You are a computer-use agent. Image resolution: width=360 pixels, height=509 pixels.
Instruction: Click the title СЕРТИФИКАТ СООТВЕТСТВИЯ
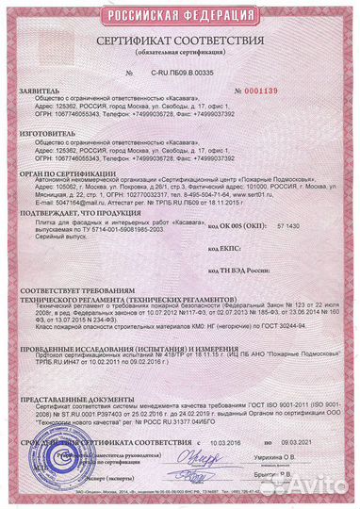180,41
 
